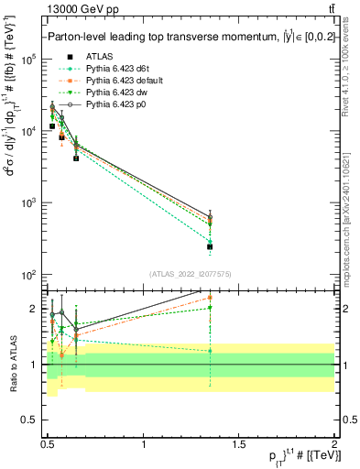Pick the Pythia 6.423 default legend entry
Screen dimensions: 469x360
pos(120,81)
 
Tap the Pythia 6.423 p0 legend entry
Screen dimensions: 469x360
pos(114,106)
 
